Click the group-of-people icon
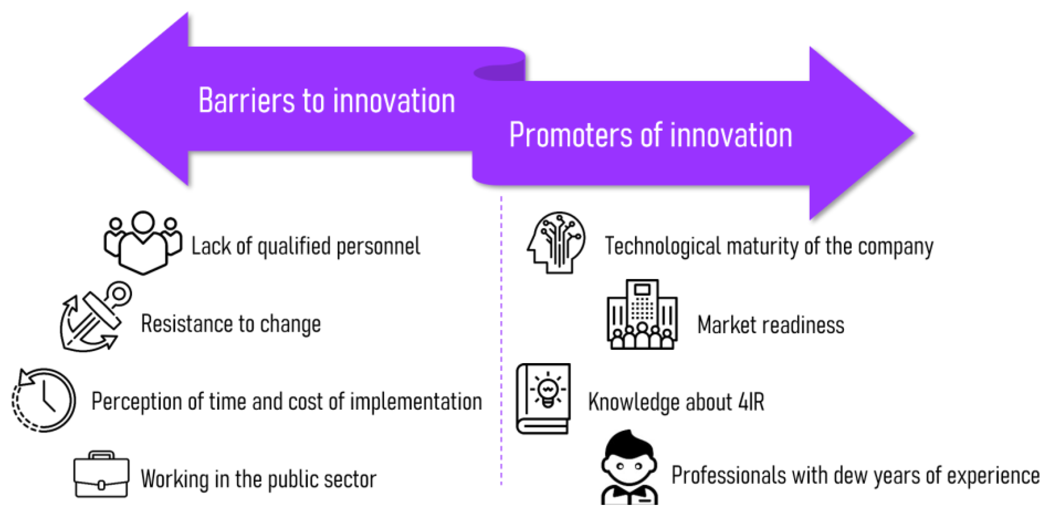coord(143,242)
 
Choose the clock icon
coord(43,400)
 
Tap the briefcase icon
coord(102,474)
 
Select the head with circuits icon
coord(556,242)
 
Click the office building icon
coord(642,314)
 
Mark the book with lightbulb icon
coord(543,399)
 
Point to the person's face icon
coord(630,467)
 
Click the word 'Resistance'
coord(187,324)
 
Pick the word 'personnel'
coord(378,246)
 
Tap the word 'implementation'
coord(416,402)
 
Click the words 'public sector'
coord(322,479)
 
